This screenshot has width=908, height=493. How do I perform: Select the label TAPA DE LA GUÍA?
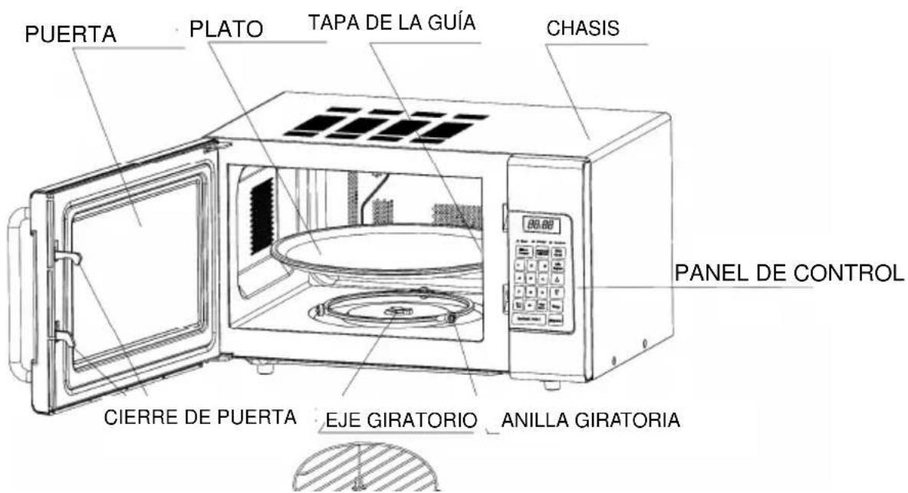392,24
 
